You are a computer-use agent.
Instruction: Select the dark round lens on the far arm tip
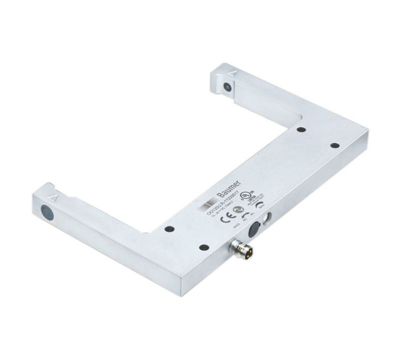[x=227, y=86]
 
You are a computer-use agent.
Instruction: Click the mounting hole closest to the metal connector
[x=202, y=247]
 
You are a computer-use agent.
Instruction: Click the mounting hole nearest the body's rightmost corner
[x=334, y=145]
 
